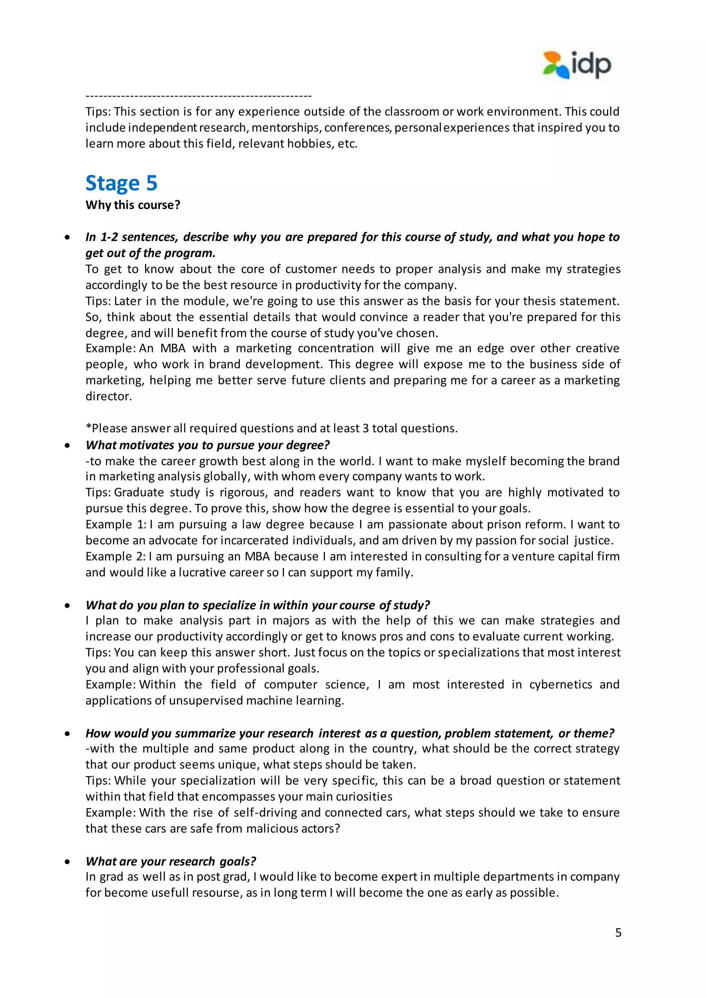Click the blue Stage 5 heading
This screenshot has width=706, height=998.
(x=121, y=183)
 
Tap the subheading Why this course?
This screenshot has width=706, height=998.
(x=133, y=205)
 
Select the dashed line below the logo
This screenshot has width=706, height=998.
(x=198, y=95)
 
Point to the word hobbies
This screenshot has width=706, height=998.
(x=310, y=144)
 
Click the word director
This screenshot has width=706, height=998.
(x=108, y=396)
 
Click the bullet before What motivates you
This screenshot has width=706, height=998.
(x=67, y=446)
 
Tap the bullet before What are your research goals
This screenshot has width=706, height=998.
(x=67, y=862)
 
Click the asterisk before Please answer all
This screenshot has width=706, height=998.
(x=88, y=428)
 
